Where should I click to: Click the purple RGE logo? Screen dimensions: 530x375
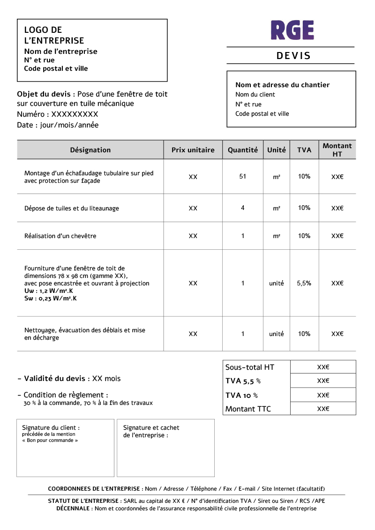292,30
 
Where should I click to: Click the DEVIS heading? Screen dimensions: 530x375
293,56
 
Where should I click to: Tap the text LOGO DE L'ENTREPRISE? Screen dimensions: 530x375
54,35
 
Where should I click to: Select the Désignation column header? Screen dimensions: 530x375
90,150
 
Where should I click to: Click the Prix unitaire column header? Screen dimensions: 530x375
193,150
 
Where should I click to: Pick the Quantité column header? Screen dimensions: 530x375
242,150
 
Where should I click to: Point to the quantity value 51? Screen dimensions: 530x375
242,177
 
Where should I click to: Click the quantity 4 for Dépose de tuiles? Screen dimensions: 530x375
242,208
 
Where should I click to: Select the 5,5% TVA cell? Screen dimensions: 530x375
304,283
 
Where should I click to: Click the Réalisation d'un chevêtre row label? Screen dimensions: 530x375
60,236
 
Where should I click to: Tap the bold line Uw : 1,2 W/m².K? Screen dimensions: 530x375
49,291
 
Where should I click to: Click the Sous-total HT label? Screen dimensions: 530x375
250,367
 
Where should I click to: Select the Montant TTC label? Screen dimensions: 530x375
248,409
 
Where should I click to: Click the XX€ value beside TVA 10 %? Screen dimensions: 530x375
323,395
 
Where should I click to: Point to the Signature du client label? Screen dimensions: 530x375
51,427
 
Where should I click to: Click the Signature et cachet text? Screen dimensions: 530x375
151,427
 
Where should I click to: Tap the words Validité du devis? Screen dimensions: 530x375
54,378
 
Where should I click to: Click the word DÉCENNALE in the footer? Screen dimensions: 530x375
74,508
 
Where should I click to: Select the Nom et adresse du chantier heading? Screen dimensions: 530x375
282,85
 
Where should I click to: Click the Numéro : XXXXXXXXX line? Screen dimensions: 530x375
58,114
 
